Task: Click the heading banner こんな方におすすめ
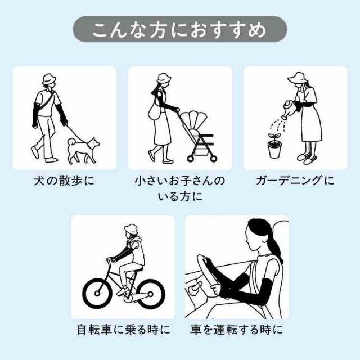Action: (x=180, y=29)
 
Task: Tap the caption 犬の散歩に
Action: (x=64, y=181)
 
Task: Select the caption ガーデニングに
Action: (x=295, y=181)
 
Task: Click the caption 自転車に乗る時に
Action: (x=124, y=330)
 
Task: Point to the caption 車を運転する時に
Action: (x=236, y=330)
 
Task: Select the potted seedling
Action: (x=274, y=146)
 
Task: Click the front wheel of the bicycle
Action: (x=97, y=294)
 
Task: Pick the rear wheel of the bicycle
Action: (x=150, y=294)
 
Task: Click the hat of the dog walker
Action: (x=49, y=79)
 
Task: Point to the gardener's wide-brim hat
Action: (x=299, y=78)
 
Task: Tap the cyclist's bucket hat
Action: (x=131, y=229)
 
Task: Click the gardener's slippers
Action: (x=307, y=158)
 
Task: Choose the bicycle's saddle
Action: (x=137, y=269)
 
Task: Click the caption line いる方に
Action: (x=180, y=197)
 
